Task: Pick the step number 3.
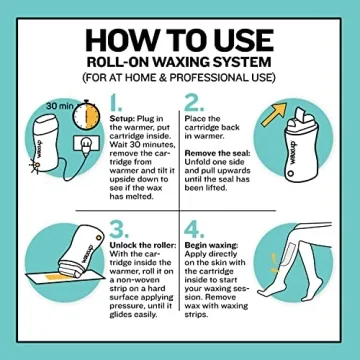tap(116, 230)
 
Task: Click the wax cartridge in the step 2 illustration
tap(311, 150)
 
